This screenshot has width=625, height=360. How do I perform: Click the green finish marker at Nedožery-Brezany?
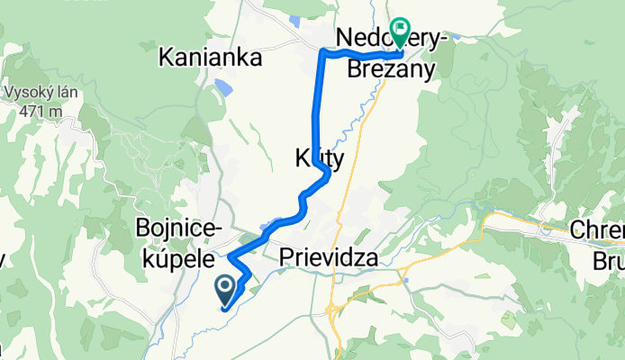point(399,31)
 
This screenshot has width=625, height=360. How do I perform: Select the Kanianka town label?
point(210,58)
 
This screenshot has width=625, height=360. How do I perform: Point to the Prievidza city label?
point(328,258)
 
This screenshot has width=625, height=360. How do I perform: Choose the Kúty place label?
point(318,157)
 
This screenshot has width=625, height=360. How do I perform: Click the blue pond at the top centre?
point(298,20)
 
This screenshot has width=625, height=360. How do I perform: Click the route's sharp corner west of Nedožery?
point(323,54)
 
